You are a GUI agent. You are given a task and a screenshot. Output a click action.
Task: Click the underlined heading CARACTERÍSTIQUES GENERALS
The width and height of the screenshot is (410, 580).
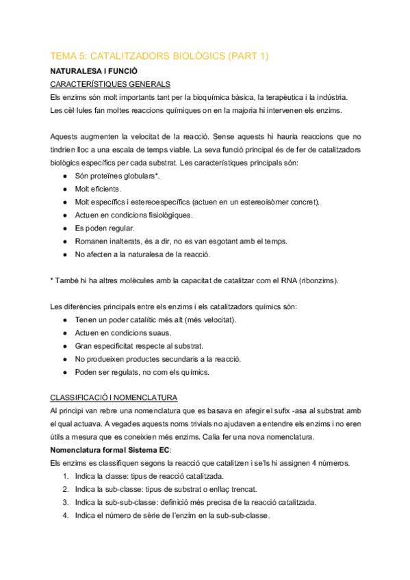click(x=111, y=84)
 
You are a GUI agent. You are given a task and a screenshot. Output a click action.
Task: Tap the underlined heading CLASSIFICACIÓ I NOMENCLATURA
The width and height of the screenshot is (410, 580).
click(x=114, y=397)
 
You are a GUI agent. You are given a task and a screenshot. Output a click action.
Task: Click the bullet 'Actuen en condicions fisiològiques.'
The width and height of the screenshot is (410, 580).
click(x=133, y=215)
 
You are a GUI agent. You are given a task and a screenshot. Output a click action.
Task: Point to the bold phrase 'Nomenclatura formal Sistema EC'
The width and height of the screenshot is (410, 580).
click(x=111, y=450)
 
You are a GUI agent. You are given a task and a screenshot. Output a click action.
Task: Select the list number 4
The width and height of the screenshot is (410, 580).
click(x=65, y=516)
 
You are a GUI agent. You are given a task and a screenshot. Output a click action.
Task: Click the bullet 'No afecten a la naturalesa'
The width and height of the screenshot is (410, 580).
click(x=142, y=254)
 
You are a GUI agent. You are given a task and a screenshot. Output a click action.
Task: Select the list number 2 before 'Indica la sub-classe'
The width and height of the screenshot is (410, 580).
click(x=65, y=490)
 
